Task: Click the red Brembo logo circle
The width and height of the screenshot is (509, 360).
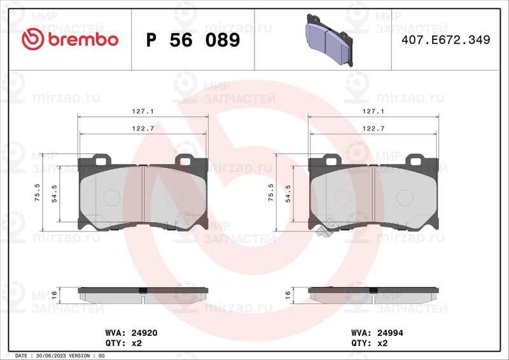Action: [32, 39]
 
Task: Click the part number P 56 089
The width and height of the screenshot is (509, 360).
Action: [193, 40]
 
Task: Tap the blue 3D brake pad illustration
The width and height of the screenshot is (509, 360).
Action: [329, 40]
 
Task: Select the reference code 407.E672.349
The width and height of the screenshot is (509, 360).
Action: [446, 39]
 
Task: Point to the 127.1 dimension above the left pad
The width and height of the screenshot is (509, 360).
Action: [143, 111]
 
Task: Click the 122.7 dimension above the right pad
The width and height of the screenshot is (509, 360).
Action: [373, 128]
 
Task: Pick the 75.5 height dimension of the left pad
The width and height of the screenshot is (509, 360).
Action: [37, 192]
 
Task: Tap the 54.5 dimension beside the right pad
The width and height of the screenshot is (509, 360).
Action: [288, 194]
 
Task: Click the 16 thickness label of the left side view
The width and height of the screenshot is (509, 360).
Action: [54, 294]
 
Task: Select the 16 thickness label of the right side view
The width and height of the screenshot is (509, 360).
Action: [288, 294]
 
